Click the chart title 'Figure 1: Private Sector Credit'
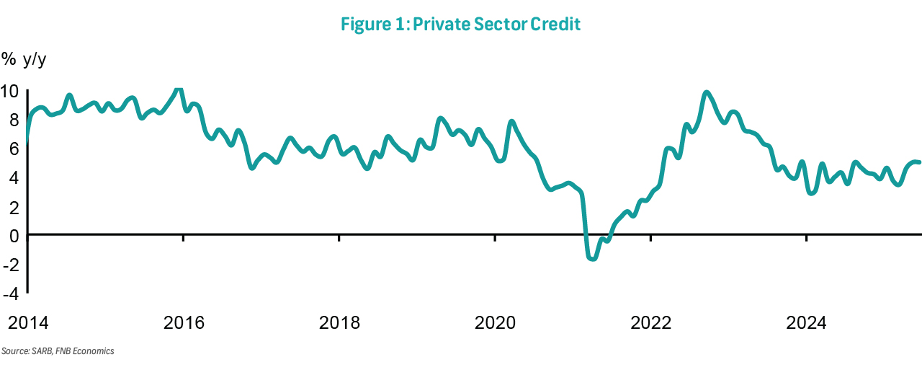(461, 23)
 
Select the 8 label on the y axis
(14, 120)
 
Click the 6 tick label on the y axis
(14, 149)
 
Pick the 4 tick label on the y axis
(14, 178)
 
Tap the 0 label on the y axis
(14, 235)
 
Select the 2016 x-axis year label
(184, 322)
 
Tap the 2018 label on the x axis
(339, 322)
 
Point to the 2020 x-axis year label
(496, 322)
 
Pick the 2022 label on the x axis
(651, 322)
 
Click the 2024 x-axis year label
(807, 322)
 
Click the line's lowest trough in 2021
(593, 258)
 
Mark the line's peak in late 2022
(707, 92)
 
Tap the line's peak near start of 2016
(179, 89)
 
